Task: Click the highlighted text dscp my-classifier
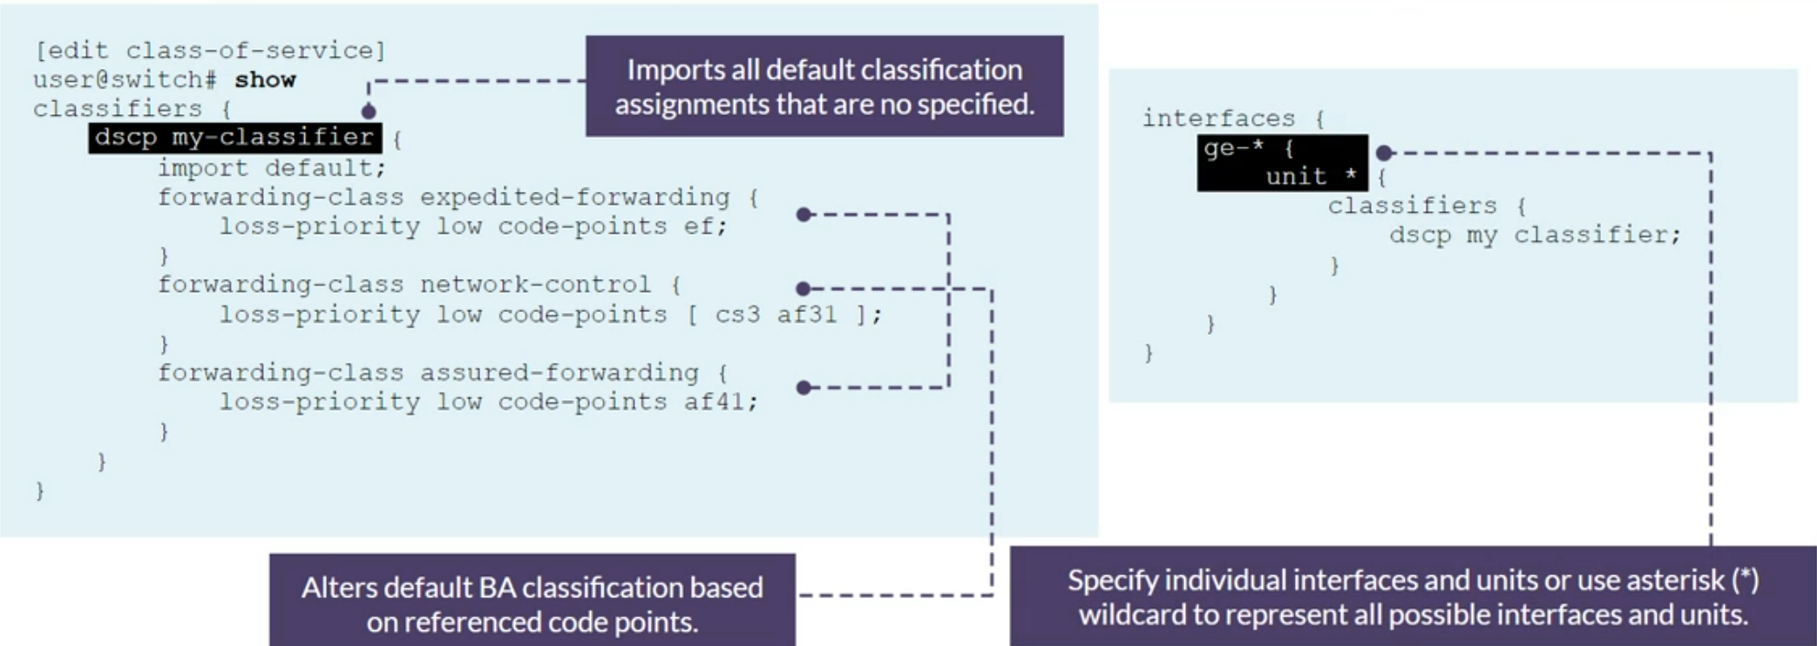pyautogui.click(x=234, y=138)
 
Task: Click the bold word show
pyautogui.click(x=265, y=80)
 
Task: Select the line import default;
pyautogui.click(x=271, y=167)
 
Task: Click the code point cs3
pyautogui.click(x=737, y=315)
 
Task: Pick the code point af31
pyautogui.click(x=807, y=315)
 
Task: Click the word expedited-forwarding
pyautogui.click(x=574, y=198)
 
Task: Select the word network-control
pyautogui.click(x=535, y=285)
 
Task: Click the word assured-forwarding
pyautogui.click(x=559, y=373)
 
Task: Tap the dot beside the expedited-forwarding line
pyautogui.click(x=803, y=214)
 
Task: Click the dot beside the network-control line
pyautogui.click(x=803, y=289)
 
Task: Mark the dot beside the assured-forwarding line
pyautogui.click(x=803, y=388)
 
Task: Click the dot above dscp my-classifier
pyautogui.click(x=369, y=112)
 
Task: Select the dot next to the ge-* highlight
pyautogui.click(x=1384, y=153)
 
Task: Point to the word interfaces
pyautogui.click(x=1218, y=119)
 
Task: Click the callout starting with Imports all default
pyautogui.click(x=824, y=86)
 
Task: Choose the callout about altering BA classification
pyautogui.click(x=532, y=603)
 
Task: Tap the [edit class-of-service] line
pyautogui.click(x=209, y=51)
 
